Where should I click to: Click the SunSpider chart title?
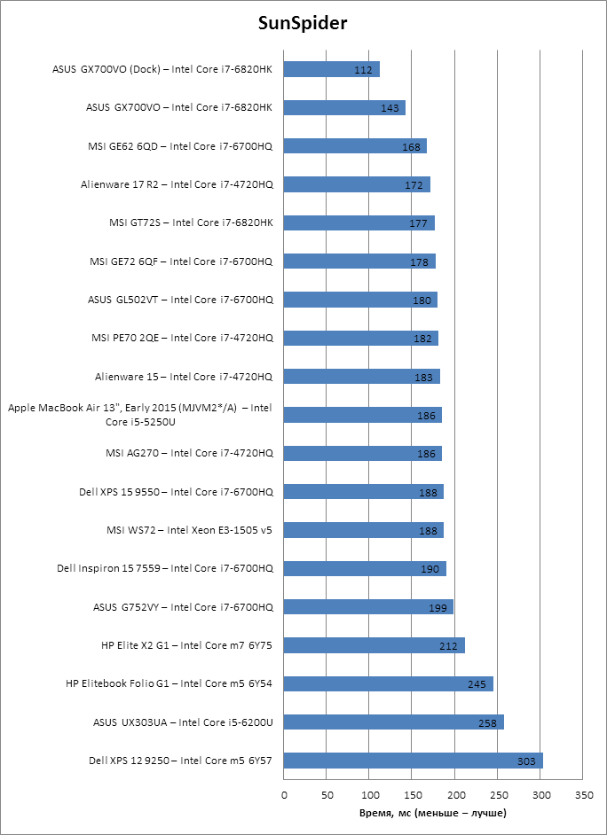click(x=303, y=24)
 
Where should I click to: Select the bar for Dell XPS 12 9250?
click(x=414, y=761)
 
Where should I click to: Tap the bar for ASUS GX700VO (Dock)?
click(x=332, y=69)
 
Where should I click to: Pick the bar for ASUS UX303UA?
click(x=394, y=722)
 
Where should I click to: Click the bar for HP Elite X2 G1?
click(x=374, y=645)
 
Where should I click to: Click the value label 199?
click(x=438, y=607)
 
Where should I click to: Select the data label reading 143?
click(x=390, y=108)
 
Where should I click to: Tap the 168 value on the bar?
click(x=411, y=146)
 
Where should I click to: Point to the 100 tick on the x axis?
click(x=370, y=794)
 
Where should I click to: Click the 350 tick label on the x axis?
click(x=583, y=794)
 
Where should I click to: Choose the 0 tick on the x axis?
click(x=285, y=794)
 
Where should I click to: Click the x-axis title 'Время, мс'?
click(x=433, y=812)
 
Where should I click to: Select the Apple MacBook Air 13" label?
click(x=139, y=415)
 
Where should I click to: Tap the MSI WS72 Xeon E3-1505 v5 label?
click(x=188, y=530)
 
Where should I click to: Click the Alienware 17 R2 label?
click(x=177, y=184)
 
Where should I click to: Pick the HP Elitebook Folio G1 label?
click(x=169, y=683)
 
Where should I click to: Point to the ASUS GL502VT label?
click(x=180, y=300)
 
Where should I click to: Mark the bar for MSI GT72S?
click(x=359, y=222)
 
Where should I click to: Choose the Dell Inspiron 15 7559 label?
click(x=164, y=568)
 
